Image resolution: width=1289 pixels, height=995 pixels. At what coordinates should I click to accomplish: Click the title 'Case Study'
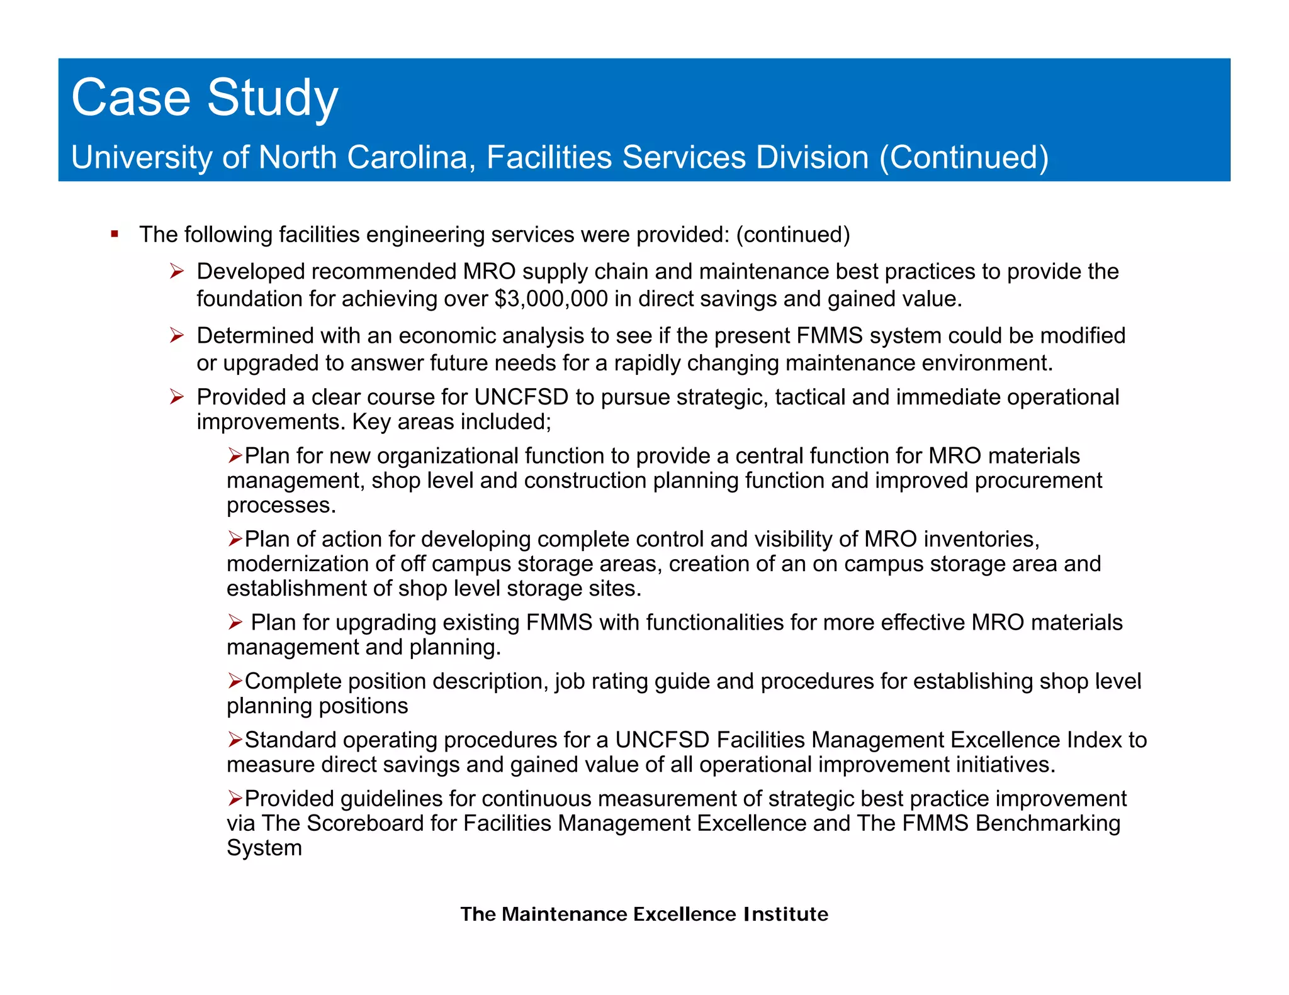coord(205,98)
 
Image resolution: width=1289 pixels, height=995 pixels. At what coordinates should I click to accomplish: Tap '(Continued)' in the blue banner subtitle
coord(964,157)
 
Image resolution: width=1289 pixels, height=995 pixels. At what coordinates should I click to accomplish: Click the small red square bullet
coord(115,235)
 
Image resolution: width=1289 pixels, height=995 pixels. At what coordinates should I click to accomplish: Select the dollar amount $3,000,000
coord(551,299)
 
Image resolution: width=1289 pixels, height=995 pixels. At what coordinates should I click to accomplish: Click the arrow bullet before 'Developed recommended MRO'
coord(177,272)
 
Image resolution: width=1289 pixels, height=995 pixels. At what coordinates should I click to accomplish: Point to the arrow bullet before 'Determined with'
coord(177,336)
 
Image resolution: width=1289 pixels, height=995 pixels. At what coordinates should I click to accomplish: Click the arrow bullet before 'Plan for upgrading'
coord(235,623)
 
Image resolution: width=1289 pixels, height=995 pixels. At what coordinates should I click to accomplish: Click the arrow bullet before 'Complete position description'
coord(235,681)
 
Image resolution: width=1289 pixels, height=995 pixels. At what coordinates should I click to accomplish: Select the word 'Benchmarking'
coord(1048,823)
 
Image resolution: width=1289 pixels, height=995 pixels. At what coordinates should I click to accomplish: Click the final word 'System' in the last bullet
coord(264,848)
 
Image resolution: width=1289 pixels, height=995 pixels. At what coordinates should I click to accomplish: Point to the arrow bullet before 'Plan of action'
coord(235,539)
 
